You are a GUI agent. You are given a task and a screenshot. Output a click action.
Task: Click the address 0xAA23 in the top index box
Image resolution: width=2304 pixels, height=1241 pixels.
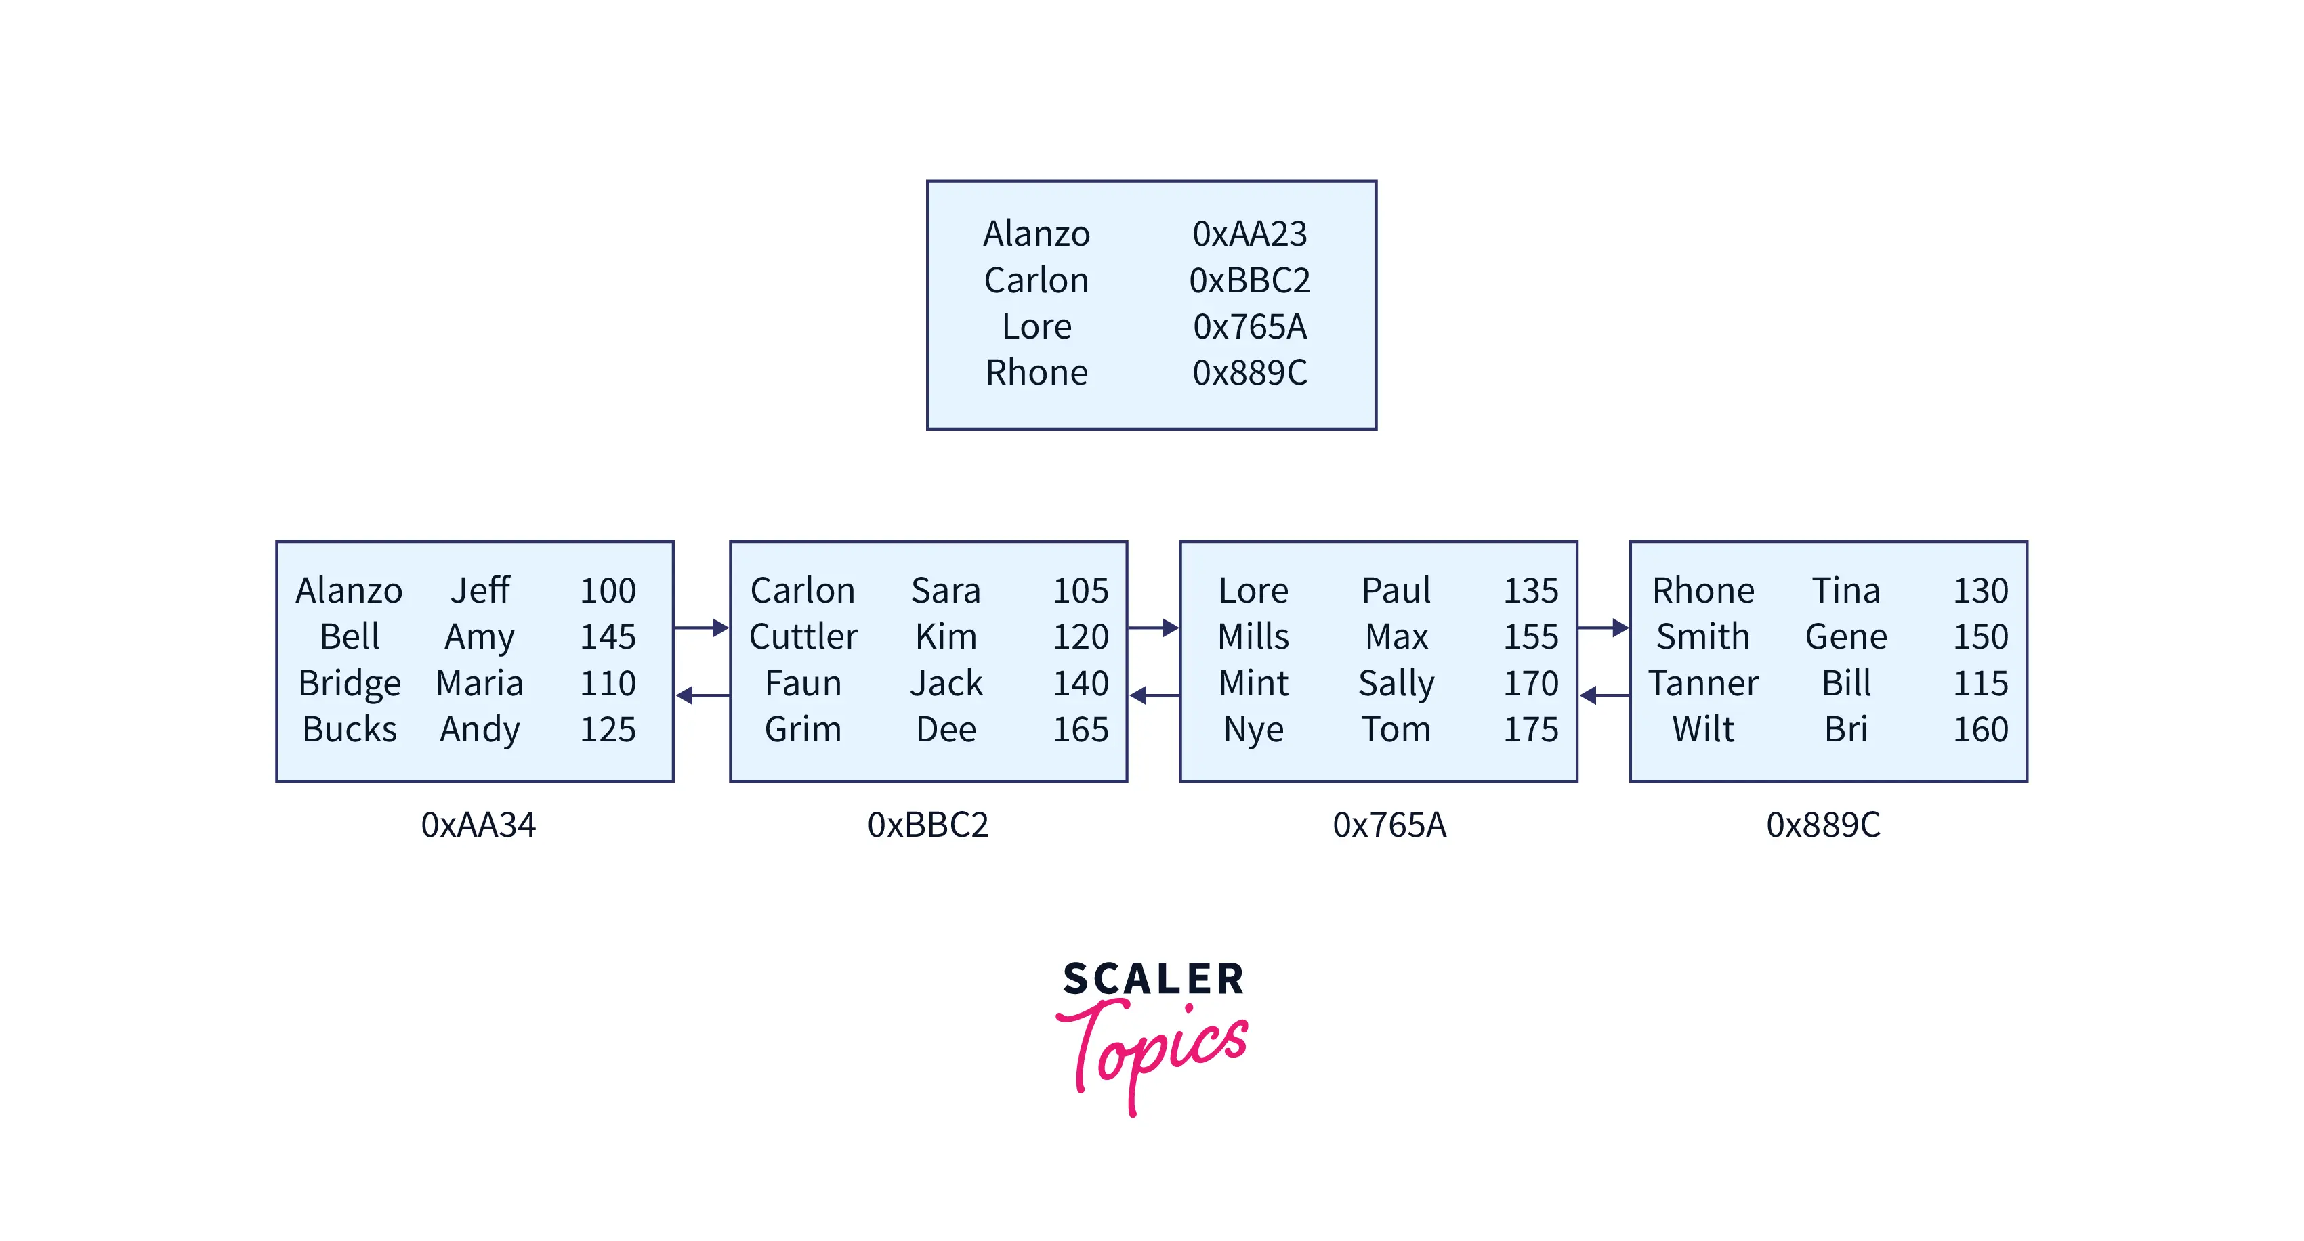point(1249,234)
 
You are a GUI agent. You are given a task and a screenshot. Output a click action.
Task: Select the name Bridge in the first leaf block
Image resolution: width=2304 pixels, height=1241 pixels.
point(350,684)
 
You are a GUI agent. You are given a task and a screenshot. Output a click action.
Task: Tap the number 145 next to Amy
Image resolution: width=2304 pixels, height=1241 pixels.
point(608,636)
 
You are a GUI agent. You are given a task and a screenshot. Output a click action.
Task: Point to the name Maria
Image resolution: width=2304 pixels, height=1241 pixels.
point(480,683)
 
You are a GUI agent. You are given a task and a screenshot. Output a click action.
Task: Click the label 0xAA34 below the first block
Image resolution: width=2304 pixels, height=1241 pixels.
point(478,825)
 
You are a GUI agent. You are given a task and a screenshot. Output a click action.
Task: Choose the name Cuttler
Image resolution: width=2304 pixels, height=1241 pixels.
point(803,636)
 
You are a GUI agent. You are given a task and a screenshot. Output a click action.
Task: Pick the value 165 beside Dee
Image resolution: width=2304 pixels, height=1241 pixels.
point(1081,730)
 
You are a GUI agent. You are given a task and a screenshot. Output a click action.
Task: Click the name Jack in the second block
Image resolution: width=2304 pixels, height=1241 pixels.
point(946,683)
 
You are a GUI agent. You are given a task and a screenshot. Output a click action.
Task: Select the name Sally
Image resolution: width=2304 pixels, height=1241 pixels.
point(1396,684)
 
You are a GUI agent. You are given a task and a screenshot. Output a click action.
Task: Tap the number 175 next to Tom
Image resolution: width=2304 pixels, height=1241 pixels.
point(1531,730)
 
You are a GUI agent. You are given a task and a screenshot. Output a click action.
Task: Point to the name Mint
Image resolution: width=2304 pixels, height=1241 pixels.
point(1254,683)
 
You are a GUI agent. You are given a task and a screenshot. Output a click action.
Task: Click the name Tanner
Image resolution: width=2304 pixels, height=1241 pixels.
point(1703,683)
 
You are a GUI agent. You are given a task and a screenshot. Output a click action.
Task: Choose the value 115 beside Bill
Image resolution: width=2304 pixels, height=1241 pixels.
point(1981,683)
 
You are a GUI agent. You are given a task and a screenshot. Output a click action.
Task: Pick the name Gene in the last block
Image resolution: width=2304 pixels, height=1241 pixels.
point(1846,636)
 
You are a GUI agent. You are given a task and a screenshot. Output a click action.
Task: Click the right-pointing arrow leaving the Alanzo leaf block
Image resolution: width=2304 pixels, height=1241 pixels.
point(702,628)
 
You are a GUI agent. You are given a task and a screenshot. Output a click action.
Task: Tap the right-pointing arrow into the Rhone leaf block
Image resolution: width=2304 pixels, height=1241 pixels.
point(1604,628)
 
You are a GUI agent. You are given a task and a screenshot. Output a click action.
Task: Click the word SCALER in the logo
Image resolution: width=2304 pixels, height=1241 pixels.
point(1153,979)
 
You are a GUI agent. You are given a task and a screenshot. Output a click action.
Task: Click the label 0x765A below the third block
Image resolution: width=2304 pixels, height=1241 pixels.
point(1389,825)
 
